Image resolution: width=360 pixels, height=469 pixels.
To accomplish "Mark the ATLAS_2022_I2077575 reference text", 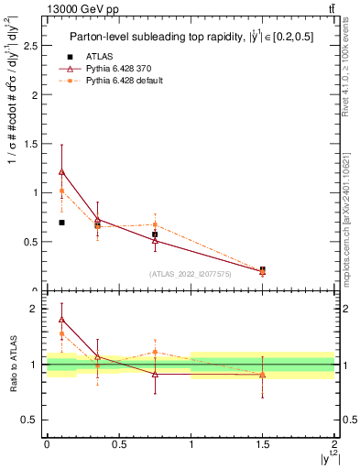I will (x=190, y=274).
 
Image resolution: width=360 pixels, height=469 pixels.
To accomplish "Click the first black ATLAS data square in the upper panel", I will (x=61, y=223).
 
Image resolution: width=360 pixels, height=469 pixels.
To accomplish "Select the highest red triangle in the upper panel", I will (x=61, y=171).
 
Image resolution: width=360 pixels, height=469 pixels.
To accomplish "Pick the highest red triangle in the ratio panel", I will (x=61, y=319).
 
